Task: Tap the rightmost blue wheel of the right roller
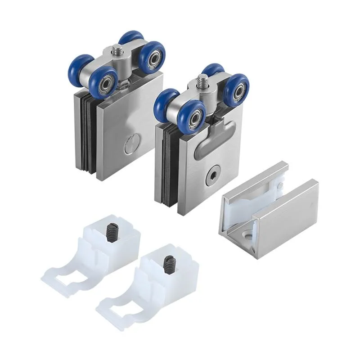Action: (235, 90)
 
